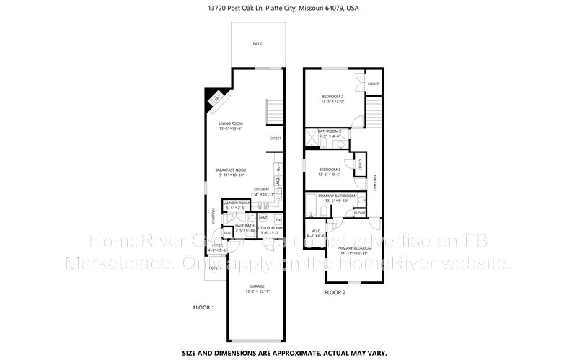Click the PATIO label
(x=257, y=44)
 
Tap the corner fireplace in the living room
(x=216, y=100)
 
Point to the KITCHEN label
(x=260, y=190)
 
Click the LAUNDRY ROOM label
(x=235, y=203)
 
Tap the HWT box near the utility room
(x=263, y=218)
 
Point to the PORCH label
(x=214, y=267)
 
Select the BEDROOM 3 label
(x=330, y=170)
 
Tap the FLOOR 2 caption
(x=335, y=293)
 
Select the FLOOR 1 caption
(x=203, y=307)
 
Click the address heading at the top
(x=288, y=9)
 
